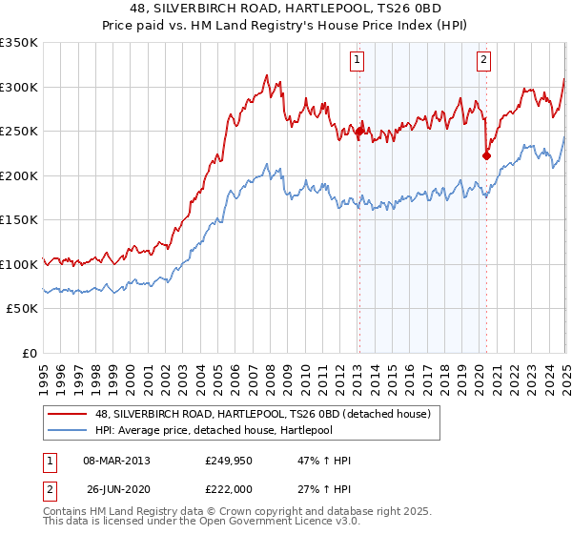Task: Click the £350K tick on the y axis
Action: pos(19,43)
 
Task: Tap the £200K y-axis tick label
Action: pos(19,175)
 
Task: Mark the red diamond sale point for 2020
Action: pos(486,155)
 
